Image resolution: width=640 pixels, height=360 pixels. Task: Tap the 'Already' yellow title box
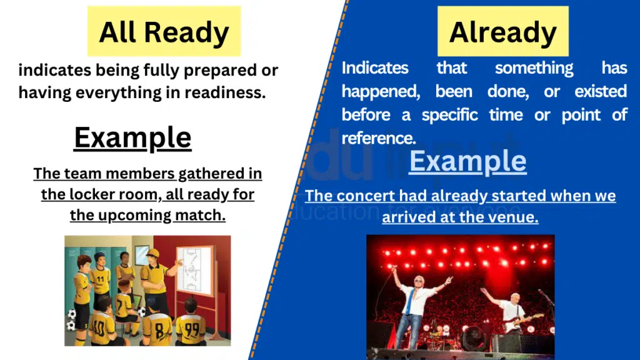(x=502, y=31)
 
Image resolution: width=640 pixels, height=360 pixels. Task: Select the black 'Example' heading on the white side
(x=132, y=137)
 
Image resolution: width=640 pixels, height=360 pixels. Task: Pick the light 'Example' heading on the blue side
(x=467, y=161)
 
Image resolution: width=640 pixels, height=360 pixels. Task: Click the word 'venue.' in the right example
(x=515, y=217)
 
